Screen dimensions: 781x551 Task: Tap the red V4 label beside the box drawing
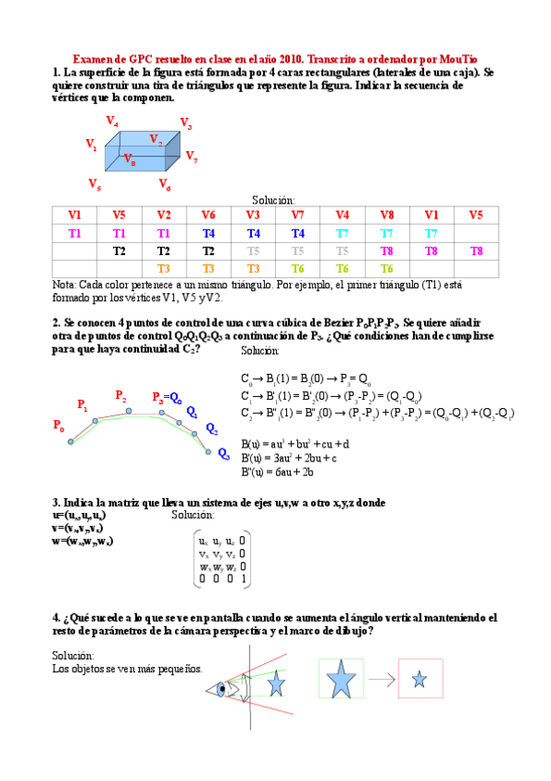coord(111,121)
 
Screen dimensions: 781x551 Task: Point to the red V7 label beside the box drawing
coord(191,156)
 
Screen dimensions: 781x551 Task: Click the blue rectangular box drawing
coord(140,151)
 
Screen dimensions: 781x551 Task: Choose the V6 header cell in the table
coord(209,215)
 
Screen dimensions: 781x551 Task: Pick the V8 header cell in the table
coord(387,215)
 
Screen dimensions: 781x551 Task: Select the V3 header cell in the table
coord(253,215)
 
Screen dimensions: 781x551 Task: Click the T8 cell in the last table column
coord(476,251)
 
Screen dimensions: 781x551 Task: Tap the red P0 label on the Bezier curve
coord(59,425)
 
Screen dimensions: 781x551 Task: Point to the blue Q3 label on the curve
coord(224,453)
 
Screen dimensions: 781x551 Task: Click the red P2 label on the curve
coord(121,395)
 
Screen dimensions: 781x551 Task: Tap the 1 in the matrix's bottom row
coord(243,580)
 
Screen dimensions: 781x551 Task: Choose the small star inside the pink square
coord(419,682)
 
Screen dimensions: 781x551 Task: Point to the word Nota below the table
coord(64,286)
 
